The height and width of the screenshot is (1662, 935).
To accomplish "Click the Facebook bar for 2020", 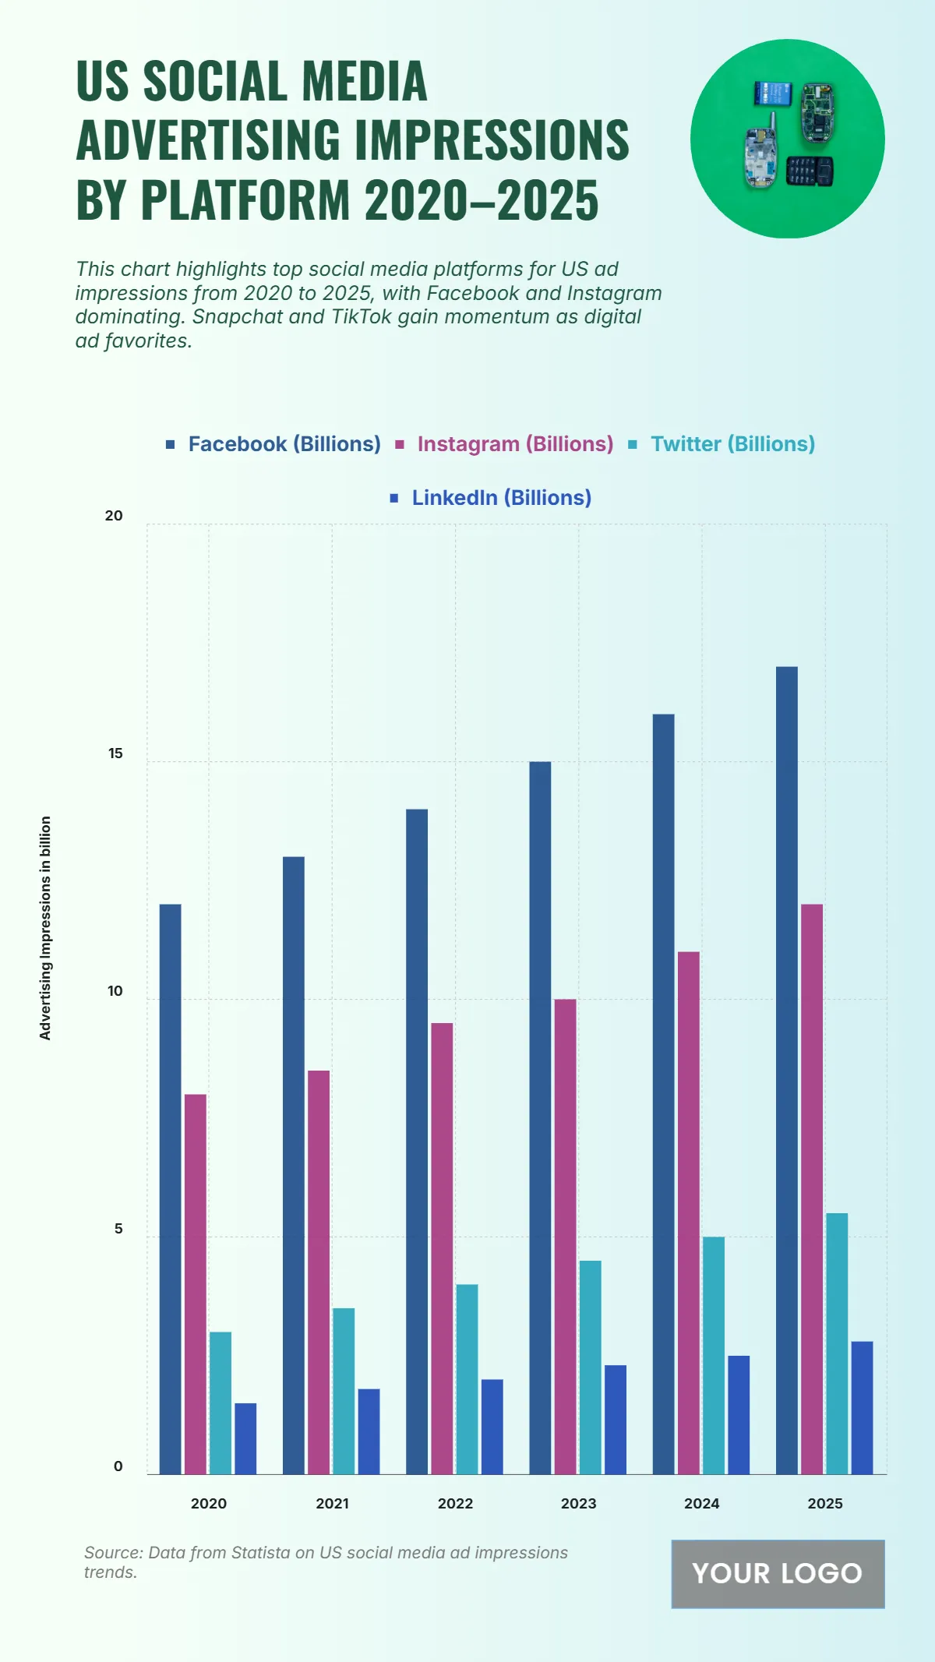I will pyautogui.click(x=170, y=1188).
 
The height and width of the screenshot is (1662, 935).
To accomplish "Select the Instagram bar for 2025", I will pyautogui.click(x=811, y=1188).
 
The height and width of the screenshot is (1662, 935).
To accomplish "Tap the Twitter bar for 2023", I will pyautogui.click(x=590, y=1367).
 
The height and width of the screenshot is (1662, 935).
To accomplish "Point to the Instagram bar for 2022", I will pyautogui.click(x=442, y=1247).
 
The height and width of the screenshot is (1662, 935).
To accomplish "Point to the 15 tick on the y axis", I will pyautogui.click(x=115, y=753).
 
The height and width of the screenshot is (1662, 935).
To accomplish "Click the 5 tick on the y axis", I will pyautogui.click(x=118, y=1229).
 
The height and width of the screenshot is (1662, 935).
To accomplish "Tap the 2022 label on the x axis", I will pyautogui.click(x=455, y=1503).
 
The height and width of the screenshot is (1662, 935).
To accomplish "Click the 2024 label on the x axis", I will pyautogui.click(x=701, y=1503).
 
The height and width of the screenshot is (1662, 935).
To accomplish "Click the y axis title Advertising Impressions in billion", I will pyautogui.click(x=45, y=927).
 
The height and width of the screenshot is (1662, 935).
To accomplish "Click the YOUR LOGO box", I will pyautogui.click(x=778, y=1573).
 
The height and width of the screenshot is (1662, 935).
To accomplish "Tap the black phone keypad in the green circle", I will pyautogui.click(x=809, y=171).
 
